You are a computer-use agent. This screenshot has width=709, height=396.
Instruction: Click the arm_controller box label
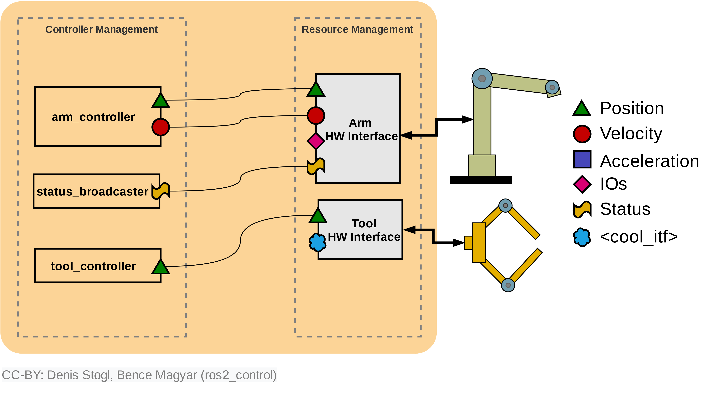(93, 117)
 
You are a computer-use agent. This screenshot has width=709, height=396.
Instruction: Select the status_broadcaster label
(92, 191)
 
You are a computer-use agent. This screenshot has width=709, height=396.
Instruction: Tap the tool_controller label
(93, 266)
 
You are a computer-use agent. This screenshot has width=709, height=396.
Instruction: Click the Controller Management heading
(101, 29)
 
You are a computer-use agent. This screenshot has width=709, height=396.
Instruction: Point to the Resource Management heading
(357, 29)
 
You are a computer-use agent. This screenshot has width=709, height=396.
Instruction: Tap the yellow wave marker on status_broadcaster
(161, 191)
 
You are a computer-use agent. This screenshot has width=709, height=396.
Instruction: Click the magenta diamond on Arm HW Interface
(316, 141)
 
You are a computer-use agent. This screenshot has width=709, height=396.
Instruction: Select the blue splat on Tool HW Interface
(318, 242)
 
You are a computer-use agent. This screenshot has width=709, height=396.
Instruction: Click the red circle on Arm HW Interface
(316, 116)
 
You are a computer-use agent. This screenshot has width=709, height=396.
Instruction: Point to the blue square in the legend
(582, 159)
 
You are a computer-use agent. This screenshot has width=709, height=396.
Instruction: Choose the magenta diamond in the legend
(582, 184)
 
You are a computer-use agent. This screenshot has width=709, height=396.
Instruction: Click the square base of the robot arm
(482, 165)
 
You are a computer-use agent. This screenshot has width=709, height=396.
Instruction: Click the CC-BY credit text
(139, 375)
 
